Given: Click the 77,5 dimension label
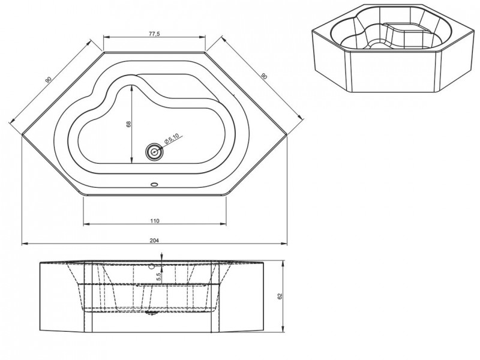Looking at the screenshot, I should coord(155,34).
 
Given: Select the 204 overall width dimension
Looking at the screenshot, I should coord(154,239).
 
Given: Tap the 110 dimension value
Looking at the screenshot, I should coord(154,220).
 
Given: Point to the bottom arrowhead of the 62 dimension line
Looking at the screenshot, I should coord(283,331).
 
